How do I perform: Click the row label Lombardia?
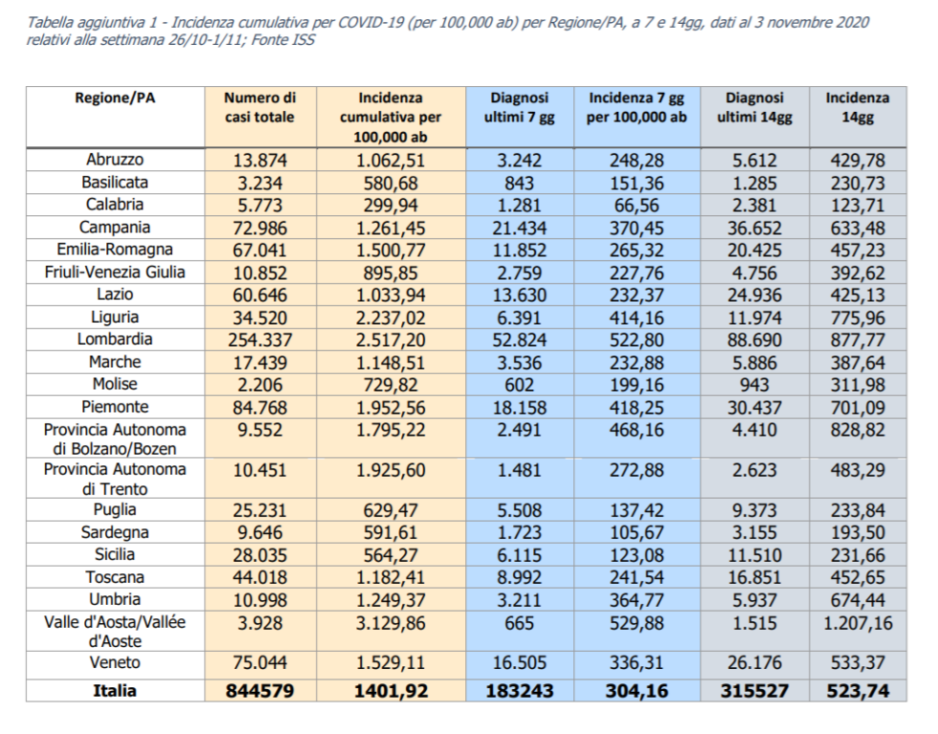tap(115, 339)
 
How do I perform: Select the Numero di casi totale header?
tap(260, 107)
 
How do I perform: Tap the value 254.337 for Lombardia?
tap(260, 339)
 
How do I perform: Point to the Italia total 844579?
tap(260, 691)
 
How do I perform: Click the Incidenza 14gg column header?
tap(857, 107)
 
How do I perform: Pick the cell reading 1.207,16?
tap(857, 622)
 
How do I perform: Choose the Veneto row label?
tap(115, 663)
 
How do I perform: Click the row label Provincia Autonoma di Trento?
tap(115, 479)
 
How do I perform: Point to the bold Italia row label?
tap(115, 691)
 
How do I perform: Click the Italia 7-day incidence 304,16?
tap(637, 691)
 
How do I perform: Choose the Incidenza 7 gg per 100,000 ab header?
tap(637, 107)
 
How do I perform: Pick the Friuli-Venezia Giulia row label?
tap(115, 272)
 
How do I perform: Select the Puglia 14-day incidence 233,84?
tap(857, 510)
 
